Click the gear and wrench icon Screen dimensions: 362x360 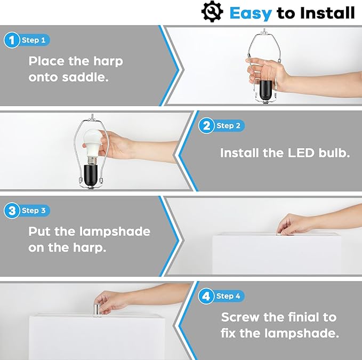pyautogui.click(x=212, y=12)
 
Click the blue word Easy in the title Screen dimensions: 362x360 pyautogui.click(x=251, y=13)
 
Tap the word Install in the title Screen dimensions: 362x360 pyautogui.click(x=327, y=13)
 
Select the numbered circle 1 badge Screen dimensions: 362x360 pyautogui.click(x=12, y=40)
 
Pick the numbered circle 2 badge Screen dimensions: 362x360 pyautogui.click(x=206, y=126)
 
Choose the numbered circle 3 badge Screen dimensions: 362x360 pyautogui.click(x=12, y=211)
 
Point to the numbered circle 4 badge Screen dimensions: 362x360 pyautogui.click(x=206, y=296)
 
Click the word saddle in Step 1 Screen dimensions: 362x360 pyautogui.click(x=85, y=77)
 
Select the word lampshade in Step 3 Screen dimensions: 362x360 pyautogui.click(x=115, y=231)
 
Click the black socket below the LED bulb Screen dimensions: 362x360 pyautogui.click(x=91, y=175)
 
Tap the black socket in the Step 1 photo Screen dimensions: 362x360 pyautogui.click(x=266, y=89)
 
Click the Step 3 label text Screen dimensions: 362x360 pyautogui.click(x=34, y=211)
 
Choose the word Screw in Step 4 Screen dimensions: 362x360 pyautogui.click(x=240, y=317)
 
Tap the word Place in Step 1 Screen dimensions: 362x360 pyautogui.click(x=46, y=61)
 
